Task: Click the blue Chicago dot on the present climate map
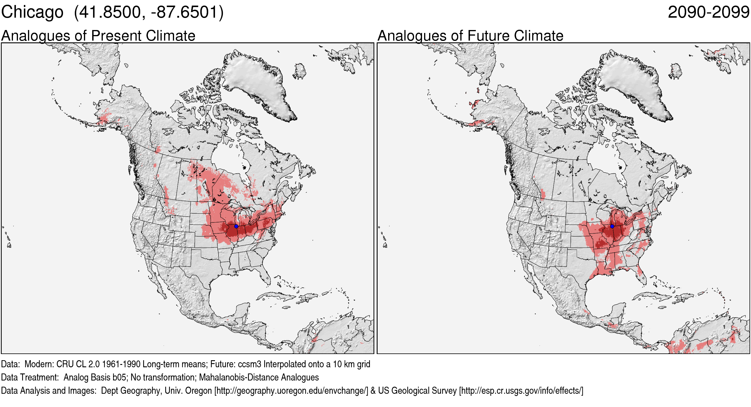pyautogui.click(x=236, y=226)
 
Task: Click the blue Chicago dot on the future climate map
pyautogui.click(x=612, y=226)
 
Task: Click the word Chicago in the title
pyautogui.click(x=32, y=12)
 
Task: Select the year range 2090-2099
pyautogui.click(x=708, y=12)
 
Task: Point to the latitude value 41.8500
pyautogui.click(x=110, y=12)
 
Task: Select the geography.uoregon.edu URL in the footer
pyautogui.click(x=291, y=391)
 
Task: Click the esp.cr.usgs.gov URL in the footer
pyautogui.click(x=521, y=391)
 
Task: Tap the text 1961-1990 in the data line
pyautogui.click(x=121, y=364)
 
